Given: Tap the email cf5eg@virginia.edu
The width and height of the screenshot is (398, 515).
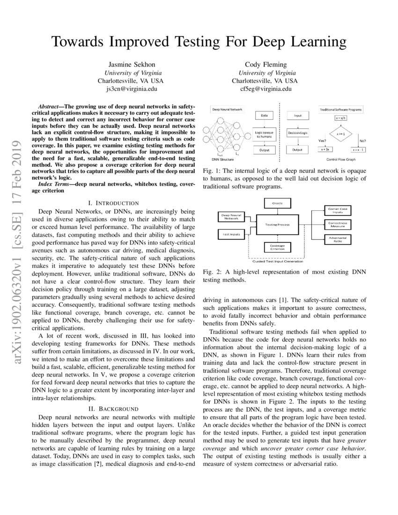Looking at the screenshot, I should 265,88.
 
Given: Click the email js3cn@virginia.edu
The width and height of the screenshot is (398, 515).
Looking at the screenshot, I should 131,88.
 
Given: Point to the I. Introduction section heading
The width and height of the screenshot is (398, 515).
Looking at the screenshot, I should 117,203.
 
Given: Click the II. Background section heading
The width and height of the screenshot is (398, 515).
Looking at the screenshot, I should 117,409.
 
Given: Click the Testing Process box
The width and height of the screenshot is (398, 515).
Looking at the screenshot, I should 277,225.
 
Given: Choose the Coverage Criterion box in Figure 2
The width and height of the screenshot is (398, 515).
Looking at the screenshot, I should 277,247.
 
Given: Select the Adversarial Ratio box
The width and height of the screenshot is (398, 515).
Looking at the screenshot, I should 337,240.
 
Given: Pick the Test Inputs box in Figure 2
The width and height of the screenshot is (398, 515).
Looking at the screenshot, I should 229,233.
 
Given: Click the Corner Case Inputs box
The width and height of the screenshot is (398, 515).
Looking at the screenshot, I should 337,211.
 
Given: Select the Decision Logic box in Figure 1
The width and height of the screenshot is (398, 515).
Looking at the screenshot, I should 297,132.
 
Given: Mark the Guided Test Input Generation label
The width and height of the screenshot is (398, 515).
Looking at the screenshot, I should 278,261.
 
